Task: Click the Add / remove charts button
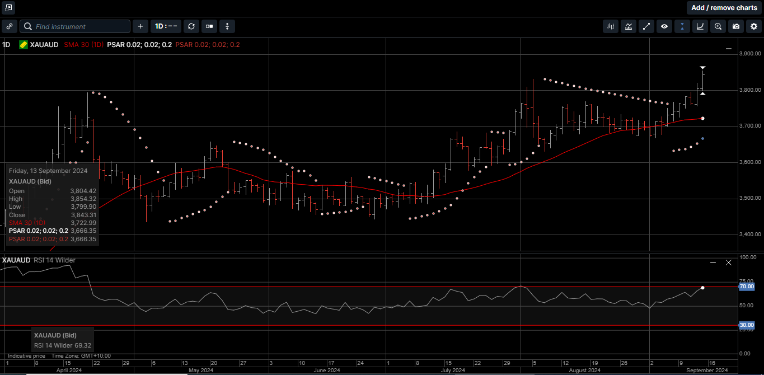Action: tap(724, 8)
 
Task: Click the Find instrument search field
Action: tap(75, 26)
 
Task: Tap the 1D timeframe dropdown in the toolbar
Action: tap(166, 26)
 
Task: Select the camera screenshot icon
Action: tap(736, 26)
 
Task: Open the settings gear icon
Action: tap(753, 26)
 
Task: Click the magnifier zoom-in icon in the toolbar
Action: tap(718, 26)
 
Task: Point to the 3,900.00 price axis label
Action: tap(750, 54)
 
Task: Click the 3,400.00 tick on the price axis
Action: tap(750, 235)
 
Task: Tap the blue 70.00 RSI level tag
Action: tap(747, 287)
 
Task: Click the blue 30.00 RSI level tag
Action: tap(747, 325)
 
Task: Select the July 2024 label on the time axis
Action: tap(452, 371)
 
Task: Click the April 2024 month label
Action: tap(69, 371)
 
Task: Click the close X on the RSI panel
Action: tap(729, 262)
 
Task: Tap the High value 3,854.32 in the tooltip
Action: tap(83, 199)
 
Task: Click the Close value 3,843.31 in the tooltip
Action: tap(83, 215)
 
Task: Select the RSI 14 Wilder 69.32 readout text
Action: tap(62, 345)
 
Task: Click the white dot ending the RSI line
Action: tap(702, 288)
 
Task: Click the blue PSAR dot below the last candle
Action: tap(702, 138)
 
